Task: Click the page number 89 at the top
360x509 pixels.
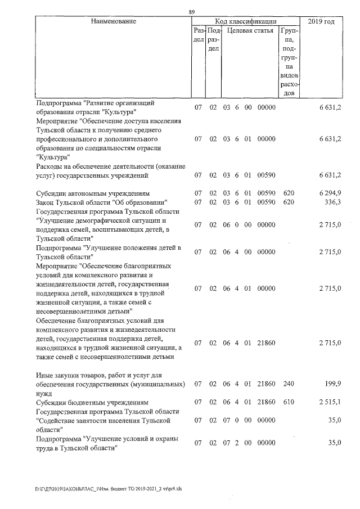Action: pyautogui.click(x=192, y=12)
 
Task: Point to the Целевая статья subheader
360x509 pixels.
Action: pyautogui.click(x=250, y=31)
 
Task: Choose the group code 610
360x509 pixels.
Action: pyautogui.click(x=289, y=403)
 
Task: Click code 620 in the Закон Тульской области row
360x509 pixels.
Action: pyautogui.click(x=289, y=202)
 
